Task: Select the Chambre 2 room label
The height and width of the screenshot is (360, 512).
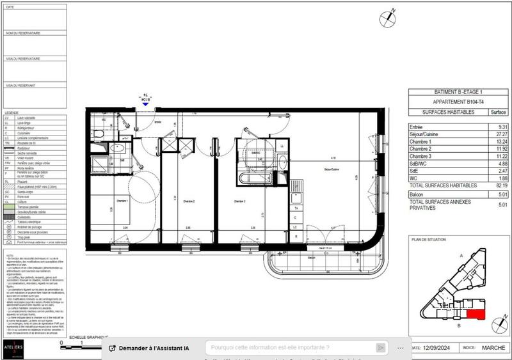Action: coord(188,200)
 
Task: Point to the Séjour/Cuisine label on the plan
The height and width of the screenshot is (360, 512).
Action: coord(331,169)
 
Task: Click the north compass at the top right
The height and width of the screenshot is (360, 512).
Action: coord(388,19)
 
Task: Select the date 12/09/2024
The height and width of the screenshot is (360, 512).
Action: coord(438,348)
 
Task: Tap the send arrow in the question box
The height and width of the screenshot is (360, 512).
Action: coord(381,348)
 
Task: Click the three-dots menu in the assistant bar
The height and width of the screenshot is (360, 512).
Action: coord(401,348)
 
